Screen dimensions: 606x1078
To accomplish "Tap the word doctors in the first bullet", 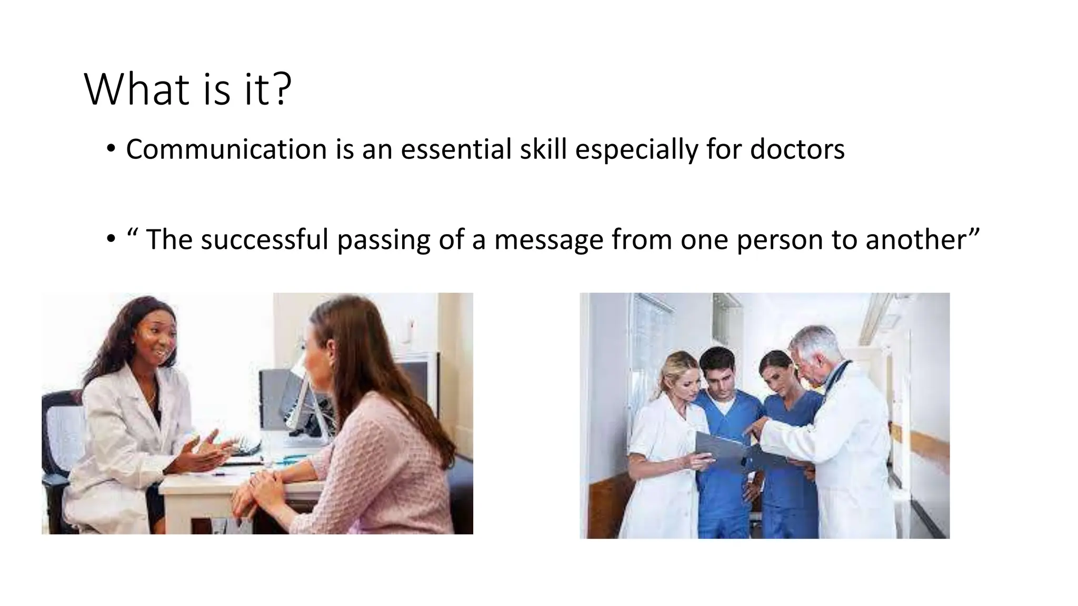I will coord(797,149).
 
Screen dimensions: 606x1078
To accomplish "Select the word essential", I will coord(456,149).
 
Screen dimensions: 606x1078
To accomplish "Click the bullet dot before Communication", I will coord(110,150).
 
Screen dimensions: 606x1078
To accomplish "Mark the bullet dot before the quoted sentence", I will coord(110,240).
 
